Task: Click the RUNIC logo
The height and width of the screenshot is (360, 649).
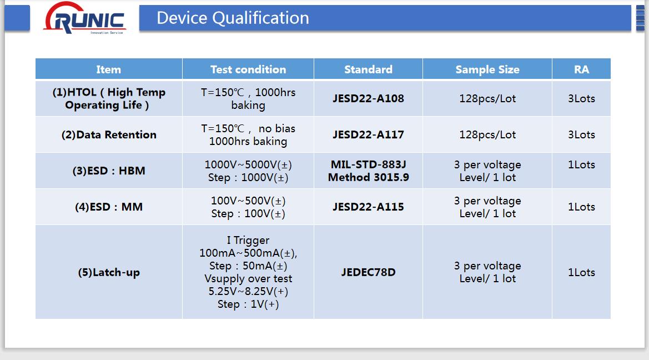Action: click(84, 18)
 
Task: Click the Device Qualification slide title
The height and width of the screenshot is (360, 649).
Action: click(233, 18)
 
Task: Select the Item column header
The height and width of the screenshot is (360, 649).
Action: click(108, 69)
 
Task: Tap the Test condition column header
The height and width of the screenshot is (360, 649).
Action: click(248, 69)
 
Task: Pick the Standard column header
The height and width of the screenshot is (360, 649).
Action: click(369, 69)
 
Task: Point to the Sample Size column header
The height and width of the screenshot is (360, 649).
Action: click(487, 69)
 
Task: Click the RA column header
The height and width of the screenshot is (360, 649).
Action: click(581, 69)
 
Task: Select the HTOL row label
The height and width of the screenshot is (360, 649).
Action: click(109, 98)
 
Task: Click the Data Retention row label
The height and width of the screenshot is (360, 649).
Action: click(109, 134)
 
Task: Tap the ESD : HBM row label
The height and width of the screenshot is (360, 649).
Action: click(109, 171)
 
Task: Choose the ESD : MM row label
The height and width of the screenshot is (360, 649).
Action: click(109, 207)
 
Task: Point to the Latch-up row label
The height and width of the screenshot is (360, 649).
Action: click(109, 272)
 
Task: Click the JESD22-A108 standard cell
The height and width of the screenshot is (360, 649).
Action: click(369, 98)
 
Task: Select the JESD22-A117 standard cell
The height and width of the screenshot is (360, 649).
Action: click(369, 134)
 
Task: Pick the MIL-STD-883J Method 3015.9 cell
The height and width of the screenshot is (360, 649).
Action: click(369, 171)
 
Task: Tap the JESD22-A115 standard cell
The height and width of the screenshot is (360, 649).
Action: click(369, 207)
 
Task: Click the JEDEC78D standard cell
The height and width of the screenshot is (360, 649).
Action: click(369, 272)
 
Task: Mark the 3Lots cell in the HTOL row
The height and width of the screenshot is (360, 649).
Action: click(581, 98)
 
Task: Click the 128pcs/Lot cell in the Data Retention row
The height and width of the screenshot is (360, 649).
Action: click(487, 134)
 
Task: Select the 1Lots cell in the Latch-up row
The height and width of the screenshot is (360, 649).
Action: click(581, 272)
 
